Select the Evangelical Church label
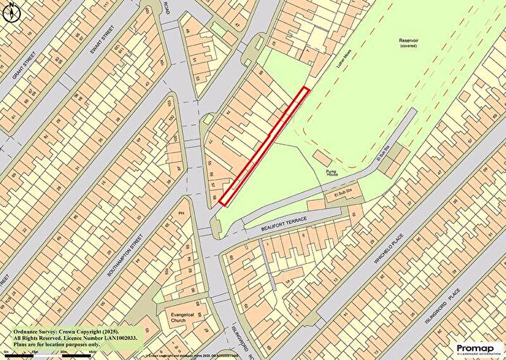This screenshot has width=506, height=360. tap(183, 319)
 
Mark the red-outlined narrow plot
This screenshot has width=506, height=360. tap(263, 145)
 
